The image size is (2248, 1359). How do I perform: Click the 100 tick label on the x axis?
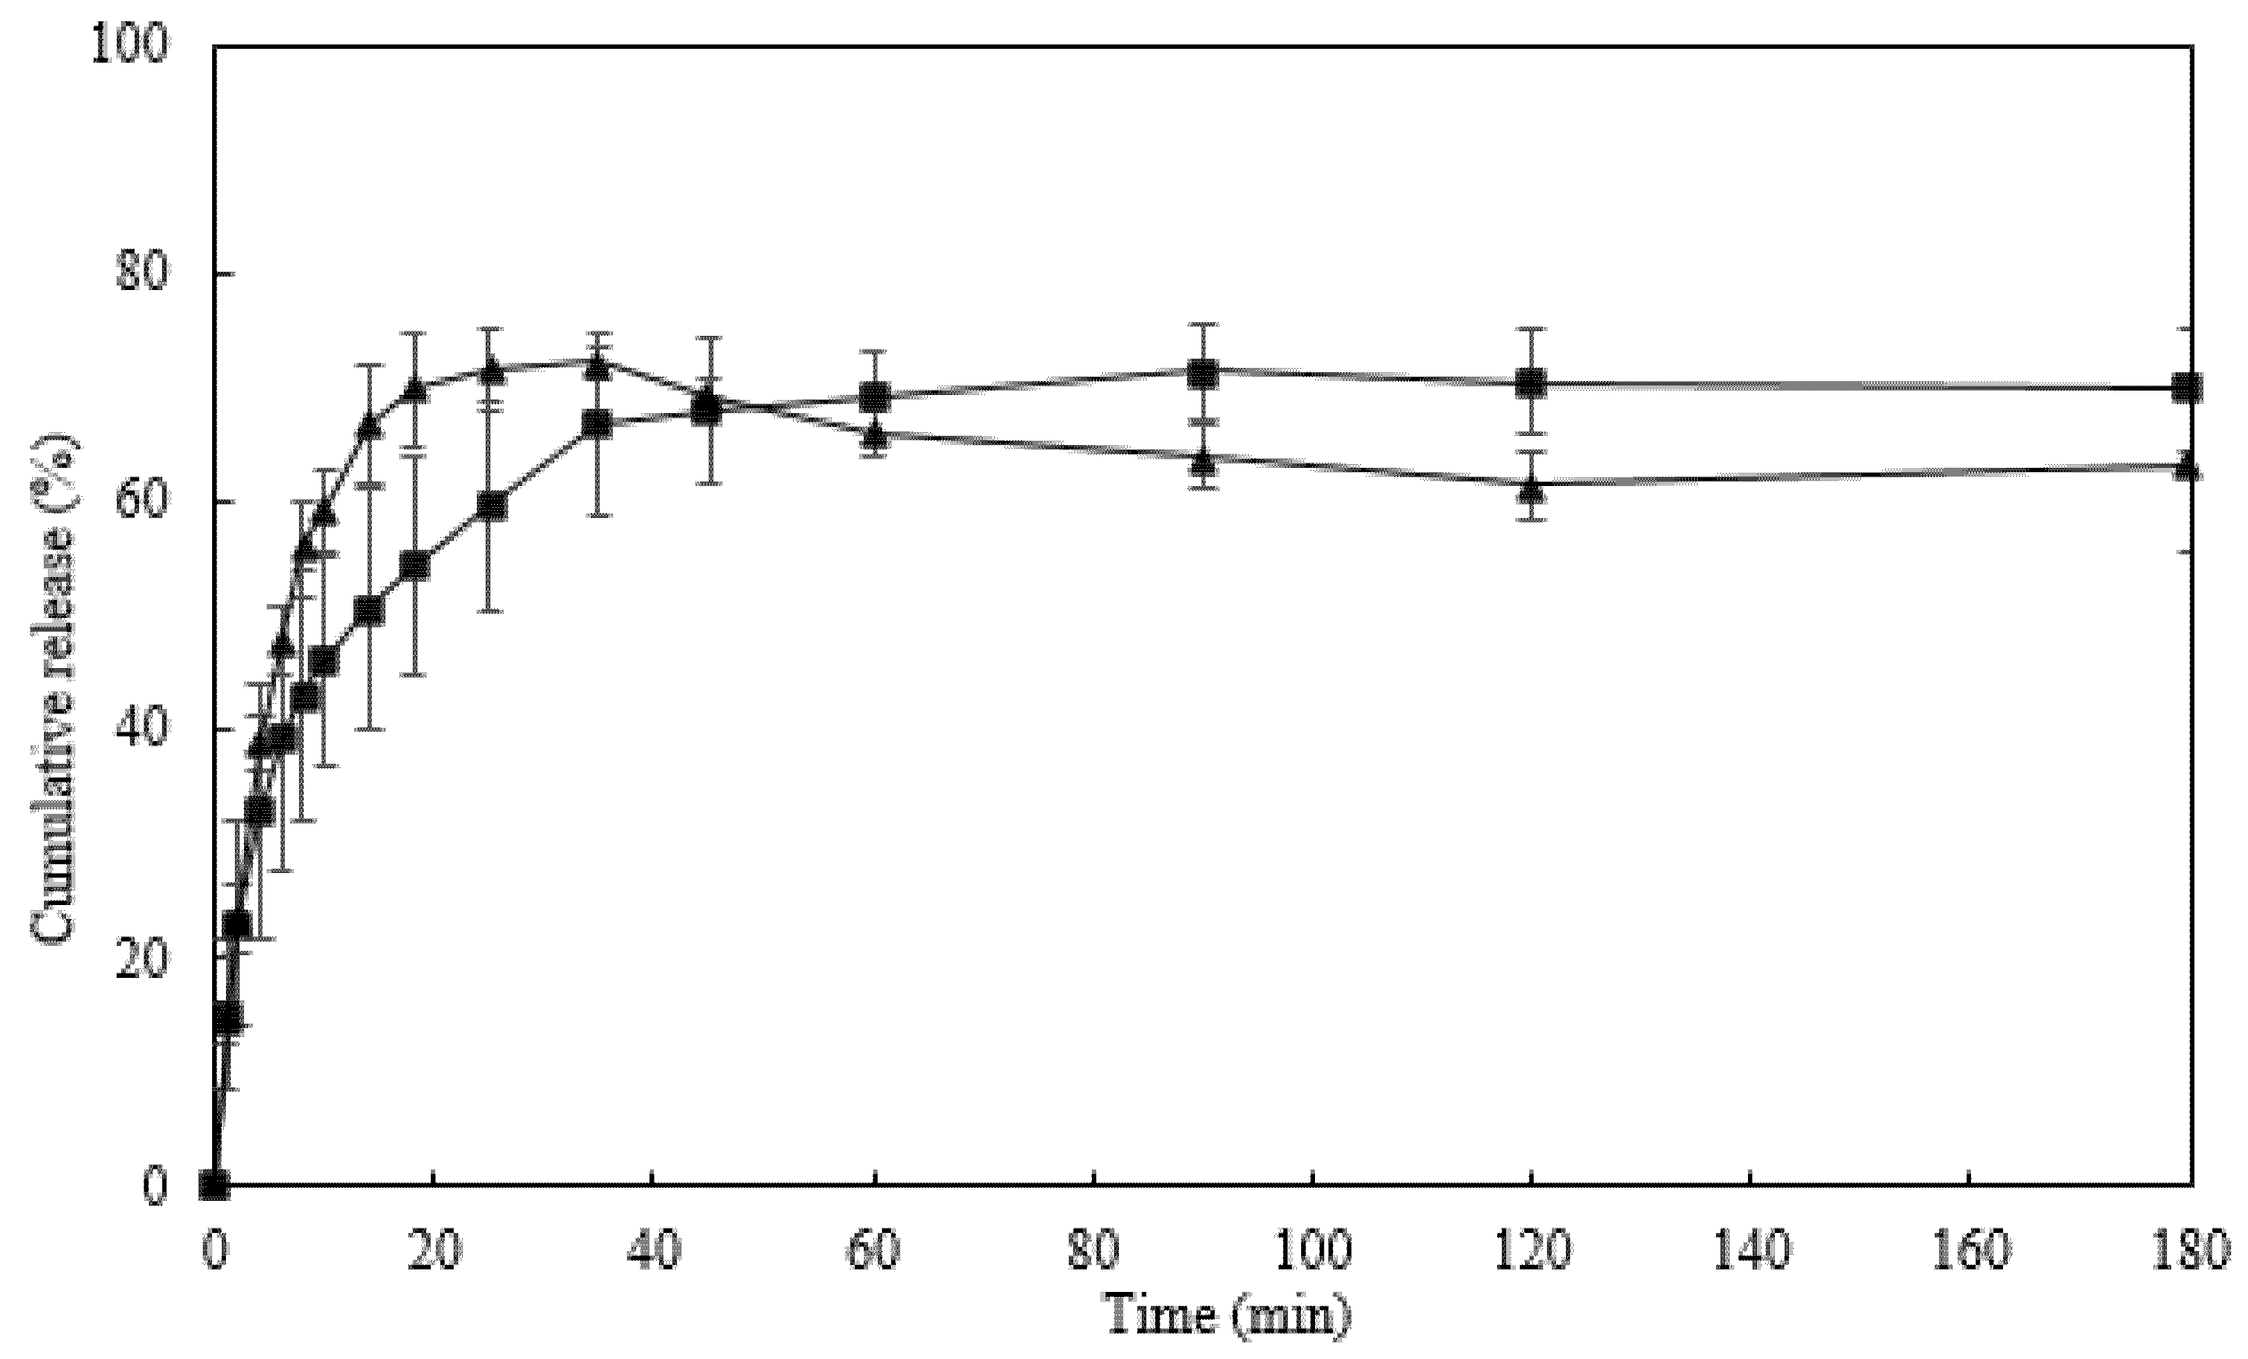point(1312,1251)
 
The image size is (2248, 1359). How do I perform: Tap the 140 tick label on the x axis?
point(1751,1251)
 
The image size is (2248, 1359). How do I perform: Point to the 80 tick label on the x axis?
point(1093,1251)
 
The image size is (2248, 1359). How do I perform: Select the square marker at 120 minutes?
point(1531,383)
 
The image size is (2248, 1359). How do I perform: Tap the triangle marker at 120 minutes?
point(1531,489)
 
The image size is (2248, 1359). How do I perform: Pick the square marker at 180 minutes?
point(2187,388)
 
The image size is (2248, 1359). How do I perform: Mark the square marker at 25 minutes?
point(492,506)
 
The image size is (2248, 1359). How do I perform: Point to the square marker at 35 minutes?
point(598,423)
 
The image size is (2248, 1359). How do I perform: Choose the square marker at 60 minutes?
point(875,396)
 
